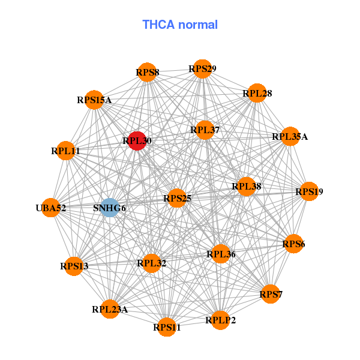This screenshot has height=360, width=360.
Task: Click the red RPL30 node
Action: pos(137,141)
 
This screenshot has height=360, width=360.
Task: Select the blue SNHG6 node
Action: pos(109,208)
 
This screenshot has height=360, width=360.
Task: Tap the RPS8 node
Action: pos(147,73)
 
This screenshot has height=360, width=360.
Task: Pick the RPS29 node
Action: pos(202,69)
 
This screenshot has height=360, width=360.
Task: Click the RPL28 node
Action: pos(257,93)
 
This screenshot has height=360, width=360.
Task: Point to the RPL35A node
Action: pos(290,136)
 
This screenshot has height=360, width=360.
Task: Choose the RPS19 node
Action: pos(309,191)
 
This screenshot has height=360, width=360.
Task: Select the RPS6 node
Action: pos(293,244)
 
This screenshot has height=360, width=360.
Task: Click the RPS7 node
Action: pos(271,294)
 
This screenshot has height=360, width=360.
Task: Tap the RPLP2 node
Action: pos(220,320)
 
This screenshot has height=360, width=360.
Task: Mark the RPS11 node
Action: pos(167,327)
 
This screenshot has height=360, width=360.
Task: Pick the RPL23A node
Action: pos(110,309)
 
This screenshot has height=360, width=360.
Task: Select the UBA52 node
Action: pos(51,208)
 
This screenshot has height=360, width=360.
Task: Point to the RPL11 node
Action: pos(65,151)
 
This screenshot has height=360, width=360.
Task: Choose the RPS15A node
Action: pos(94,100)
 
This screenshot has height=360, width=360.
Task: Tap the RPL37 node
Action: pos(205,130)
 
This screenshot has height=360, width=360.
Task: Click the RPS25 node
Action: pos(177,197)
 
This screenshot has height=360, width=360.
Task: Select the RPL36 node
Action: pos(221,254)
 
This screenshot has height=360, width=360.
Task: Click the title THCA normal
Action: pos(180,25)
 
